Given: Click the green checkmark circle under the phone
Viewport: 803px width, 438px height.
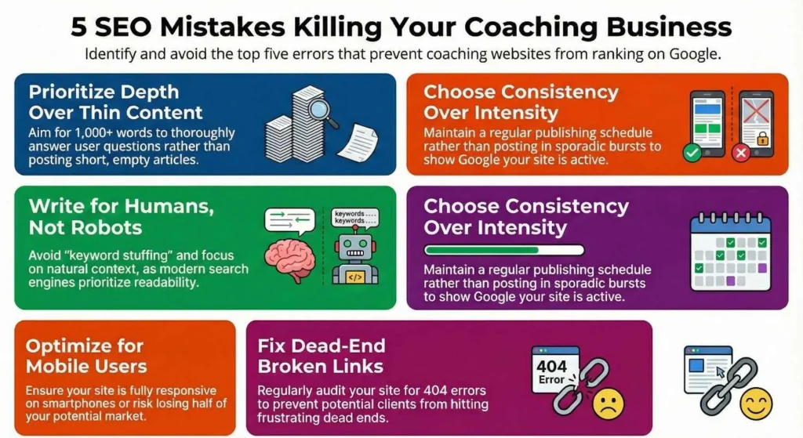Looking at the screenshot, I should pos(692,152).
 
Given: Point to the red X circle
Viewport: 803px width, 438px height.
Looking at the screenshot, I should pos(740,153).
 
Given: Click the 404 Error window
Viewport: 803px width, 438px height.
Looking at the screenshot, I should pos(554,367).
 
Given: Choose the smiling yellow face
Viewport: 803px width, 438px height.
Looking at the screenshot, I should pos(756,404).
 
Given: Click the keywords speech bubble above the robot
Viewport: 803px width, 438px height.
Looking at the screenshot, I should pos(355,216).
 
